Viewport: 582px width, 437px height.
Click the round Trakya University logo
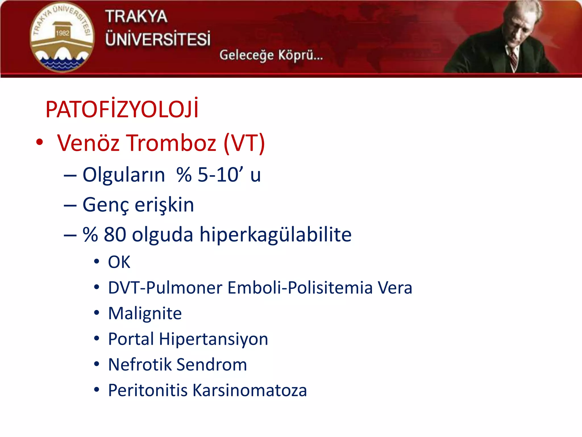tap(62, 37)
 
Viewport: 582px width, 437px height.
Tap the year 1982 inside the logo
tap(63, 33)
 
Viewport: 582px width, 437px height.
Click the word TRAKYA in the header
tap(136, 16)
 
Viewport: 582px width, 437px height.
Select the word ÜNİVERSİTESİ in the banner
tap(158, 39)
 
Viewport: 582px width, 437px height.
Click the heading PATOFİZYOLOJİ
tap(122, 109)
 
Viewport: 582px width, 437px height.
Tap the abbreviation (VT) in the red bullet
tap(244, 143)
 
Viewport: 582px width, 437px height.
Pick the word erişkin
tap(164, 205)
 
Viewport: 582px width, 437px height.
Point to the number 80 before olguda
tap(115, 235)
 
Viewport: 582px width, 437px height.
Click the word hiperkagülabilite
tap(275, 235)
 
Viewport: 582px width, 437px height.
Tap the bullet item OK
tap(119, 262)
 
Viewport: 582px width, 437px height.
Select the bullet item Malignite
tap(145, 314)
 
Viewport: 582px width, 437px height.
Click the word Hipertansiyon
tap(213, 339)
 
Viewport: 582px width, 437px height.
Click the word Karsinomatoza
tap(250, 390)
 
